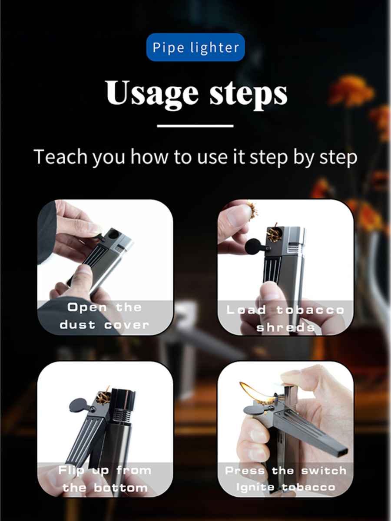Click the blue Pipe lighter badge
(x=195, y=47)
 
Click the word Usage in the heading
(x=152, y=92)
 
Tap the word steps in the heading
(x=249, y=94)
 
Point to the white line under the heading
(x=195, y=126)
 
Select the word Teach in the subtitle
(x=60, y=157)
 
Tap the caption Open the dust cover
(x=104, y=316)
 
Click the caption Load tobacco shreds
(x=285, y=319)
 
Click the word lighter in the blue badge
(x=215, y=48)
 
